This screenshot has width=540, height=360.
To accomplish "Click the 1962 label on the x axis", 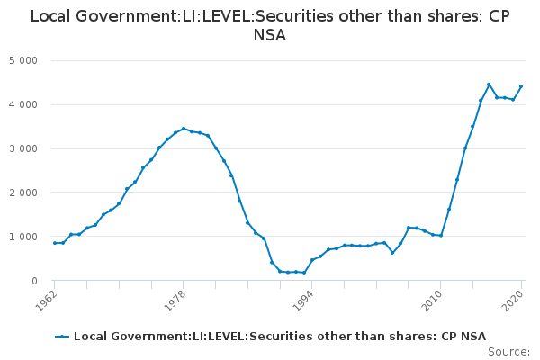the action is tap(46, 301).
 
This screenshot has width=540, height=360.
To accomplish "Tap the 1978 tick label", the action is tap(175, 301).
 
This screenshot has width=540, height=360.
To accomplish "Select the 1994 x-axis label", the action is tap(303, 301).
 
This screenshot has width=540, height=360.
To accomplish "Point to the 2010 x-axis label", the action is tap(432, 301).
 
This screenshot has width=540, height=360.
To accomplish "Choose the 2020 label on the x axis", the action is tap(513, 301).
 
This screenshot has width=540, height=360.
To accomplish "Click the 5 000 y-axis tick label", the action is tap(23, 60).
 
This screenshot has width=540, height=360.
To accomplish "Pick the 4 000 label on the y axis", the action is tap(23, 104).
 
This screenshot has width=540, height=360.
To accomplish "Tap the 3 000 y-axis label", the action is tap(23, 148).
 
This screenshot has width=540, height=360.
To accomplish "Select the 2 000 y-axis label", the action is tap(23, 193).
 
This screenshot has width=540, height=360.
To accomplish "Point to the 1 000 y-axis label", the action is tap(23, 237).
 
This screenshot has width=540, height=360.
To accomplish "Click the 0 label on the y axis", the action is tap(34, 281).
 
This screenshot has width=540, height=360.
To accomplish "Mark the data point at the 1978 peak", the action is tap(184, 129).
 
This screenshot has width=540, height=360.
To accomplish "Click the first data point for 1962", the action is tap(55, 243).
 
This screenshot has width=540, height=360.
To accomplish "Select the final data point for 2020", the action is tap(521, 86).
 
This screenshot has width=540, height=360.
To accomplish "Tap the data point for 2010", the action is tap(441, 236).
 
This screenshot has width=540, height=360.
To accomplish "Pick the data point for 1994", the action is tap(312, 260).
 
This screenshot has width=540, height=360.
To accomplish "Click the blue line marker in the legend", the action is tap(62, 337).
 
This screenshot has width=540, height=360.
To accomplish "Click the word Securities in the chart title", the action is tap(291, 16).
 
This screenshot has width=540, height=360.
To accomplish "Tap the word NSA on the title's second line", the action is tap(270, 35).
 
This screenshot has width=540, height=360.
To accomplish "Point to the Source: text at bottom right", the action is tap(508, 352).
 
